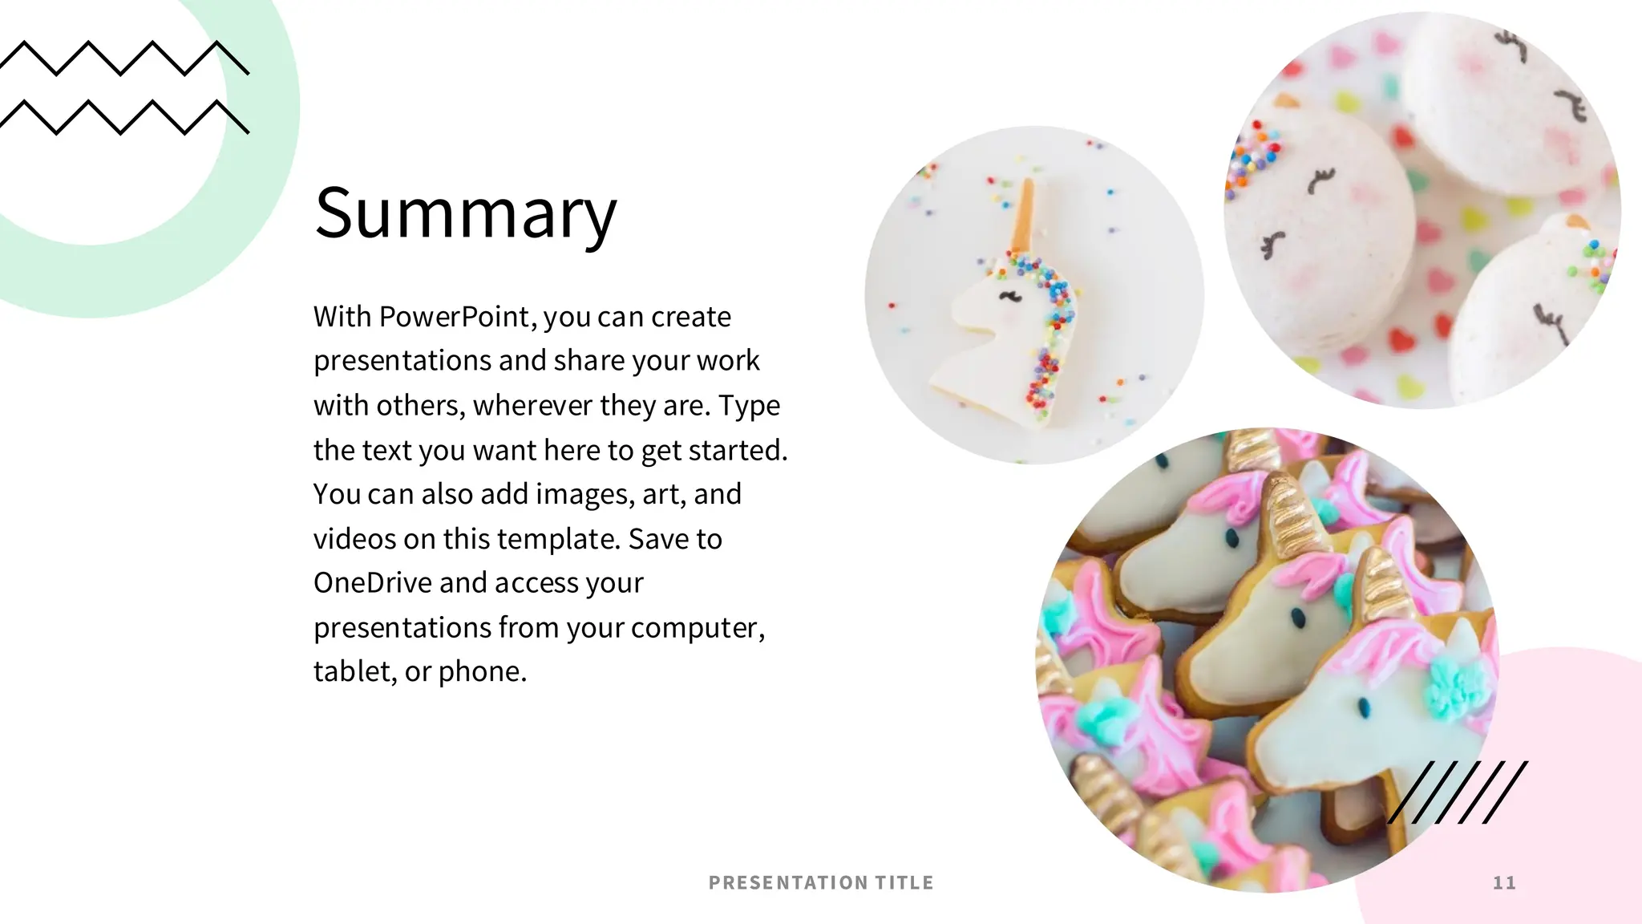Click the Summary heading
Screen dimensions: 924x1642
[466, 213]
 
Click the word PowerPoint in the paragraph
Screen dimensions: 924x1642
[455, 317]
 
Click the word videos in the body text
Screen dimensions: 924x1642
[354, 539]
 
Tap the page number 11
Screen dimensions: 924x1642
[1504, 883]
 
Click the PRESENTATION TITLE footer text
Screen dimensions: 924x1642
[821, 883]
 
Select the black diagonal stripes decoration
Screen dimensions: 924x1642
[1458, 792]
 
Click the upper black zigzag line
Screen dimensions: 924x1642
[124, 59]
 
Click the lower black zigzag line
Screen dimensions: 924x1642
[124, 117]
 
